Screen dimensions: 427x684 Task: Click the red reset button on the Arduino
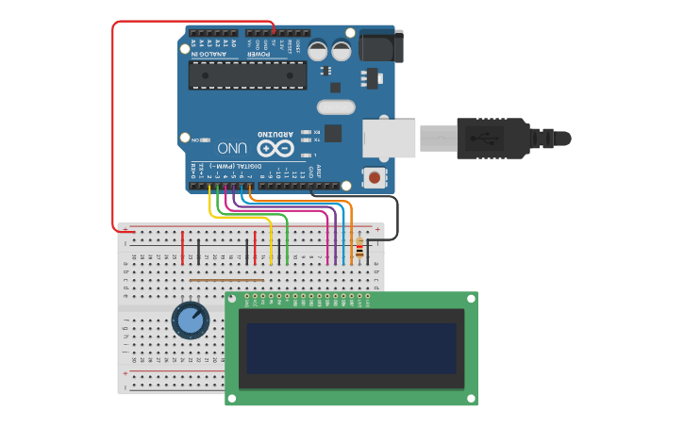375,177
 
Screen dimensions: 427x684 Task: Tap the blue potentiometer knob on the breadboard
190,320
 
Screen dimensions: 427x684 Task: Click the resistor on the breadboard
359,249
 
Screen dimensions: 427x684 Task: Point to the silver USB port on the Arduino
389,138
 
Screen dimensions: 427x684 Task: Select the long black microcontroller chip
247,75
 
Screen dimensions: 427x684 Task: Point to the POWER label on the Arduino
259,54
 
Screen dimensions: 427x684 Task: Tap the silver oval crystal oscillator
336,107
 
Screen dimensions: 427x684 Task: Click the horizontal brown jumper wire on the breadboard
226,280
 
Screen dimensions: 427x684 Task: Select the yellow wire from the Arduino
240,217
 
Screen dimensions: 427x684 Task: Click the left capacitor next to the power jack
318,49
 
